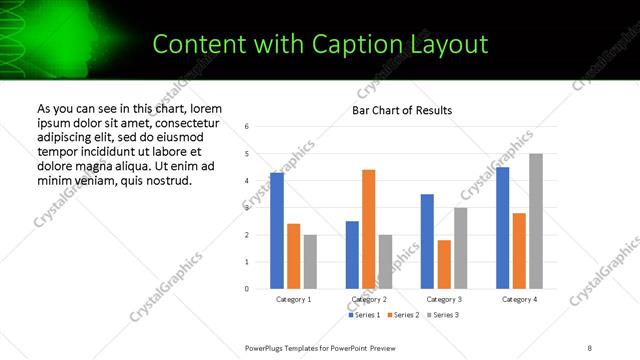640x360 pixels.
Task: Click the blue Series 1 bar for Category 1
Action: tap(277, 230)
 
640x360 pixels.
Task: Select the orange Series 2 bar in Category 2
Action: tap(369, 229)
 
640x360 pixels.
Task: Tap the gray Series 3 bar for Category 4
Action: tap(536, 221)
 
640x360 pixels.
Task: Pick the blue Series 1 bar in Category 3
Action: tap(427, 241)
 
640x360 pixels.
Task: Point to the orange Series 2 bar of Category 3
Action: tap(444, 264)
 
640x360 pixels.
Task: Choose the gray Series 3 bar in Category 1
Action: tap(310, 261)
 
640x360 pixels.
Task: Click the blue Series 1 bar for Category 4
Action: tap(502, 227)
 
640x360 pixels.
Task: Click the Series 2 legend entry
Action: tap(403, 315)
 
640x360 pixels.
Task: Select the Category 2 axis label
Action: tap(369, 299)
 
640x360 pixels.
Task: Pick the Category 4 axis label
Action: tap(519, 299)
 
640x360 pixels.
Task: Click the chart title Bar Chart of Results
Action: tap(402, 110)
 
